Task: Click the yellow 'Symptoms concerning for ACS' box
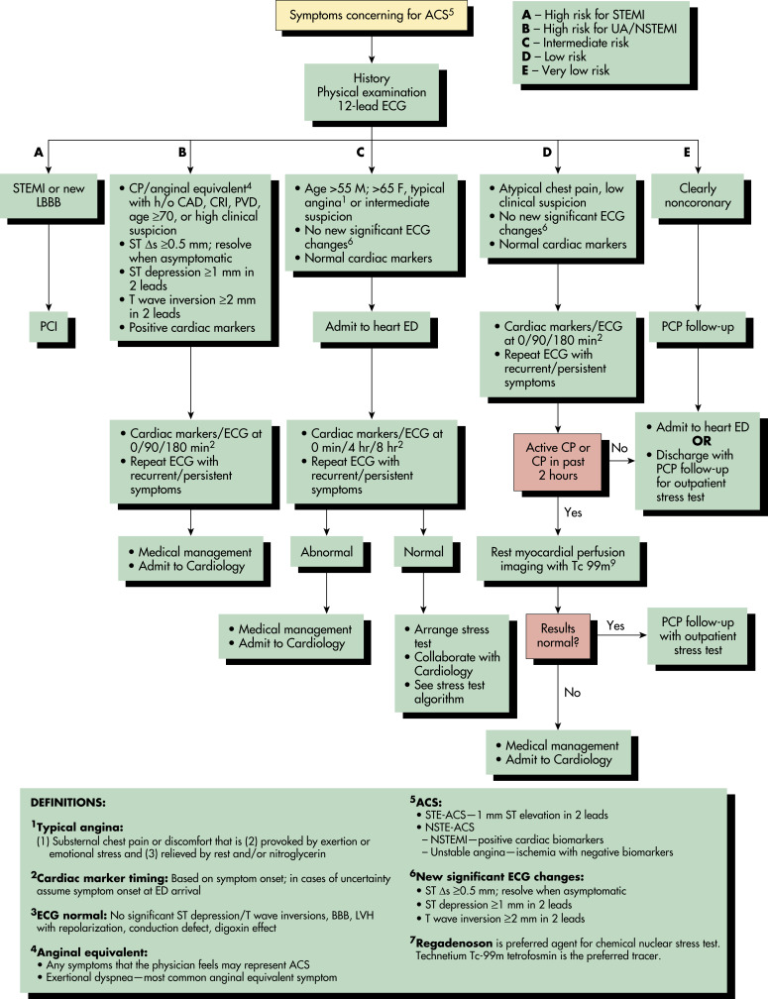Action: coord(372,15)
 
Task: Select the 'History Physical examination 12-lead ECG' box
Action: coord(372,92)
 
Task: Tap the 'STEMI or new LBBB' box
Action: coord(49,195)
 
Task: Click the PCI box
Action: coord(49,326)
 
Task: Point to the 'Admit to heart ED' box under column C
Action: coord(372,326)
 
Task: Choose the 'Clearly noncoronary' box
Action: coord(698,195)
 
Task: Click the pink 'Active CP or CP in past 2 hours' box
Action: coord(557,461)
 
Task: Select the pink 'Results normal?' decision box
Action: coord(557,636)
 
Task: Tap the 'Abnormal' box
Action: coord(326,552)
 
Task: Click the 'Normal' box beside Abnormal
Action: coord(423,552)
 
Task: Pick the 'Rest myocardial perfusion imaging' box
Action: coord(557,559)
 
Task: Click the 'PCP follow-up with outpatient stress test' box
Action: coord(698,636)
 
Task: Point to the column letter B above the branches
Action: coord(182,153)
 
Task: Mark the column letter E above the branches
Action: coord(687,153)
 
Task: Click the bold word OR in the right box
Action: coord(702,441)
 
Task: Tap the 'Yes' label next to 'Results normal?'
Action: coord(615,625)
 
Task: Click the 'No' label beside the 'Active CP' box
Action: coord(619,448)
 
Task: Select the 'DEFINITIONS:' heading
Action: coord(68,803)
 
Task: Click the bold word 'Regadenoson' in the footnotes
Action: coord(454,943)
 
